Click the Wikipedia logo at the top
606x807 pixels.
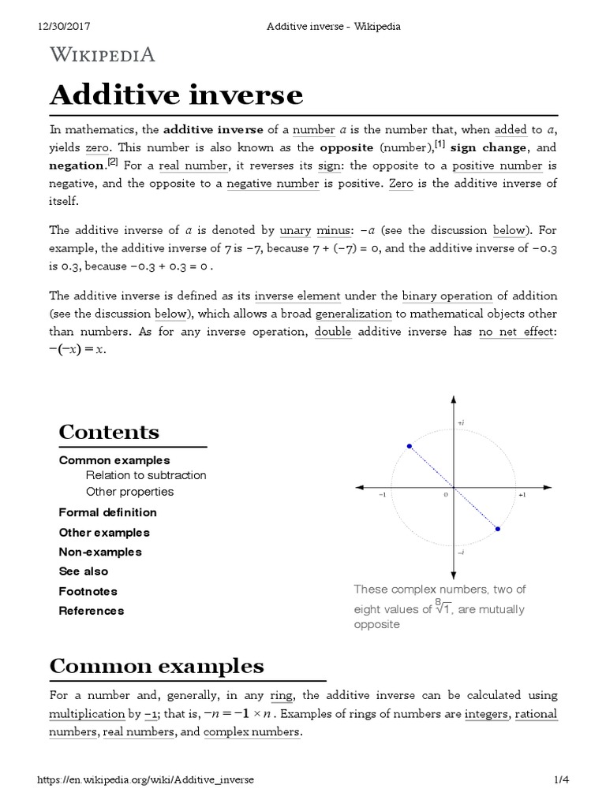tap(103, 54)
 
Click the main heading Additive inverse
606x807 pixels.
tap(176, 95)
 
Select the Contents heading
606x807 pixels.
tap(109, 432)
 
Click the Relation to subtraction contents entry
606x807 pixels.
tap(146, 475)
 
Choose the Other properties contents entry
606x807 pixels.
tap(129, 492)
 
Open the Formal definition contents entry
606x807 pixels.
tap(107, 512)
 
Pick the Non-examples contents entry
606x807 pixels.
tap(100, 552)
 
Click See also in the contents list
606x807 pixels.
tap(84, 571)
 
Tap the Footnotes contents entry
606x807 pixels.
tap(88, 591)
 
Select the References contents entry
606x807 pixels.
tap(92, 611)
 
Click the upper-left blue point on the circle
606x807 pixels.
tap(409, 447)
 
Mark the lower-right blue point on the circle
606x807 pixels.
tap(498, 529)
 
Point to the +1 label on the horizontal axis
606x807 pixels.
tap(522, 495)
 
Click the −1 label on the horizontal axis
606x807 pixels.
tap(382, 495)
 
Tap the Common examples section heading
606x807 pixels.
tap(156, 666)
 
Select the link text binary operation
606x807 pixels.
tap(447, 296)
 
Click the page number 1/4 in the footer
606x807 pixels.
tap(562, 779)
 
